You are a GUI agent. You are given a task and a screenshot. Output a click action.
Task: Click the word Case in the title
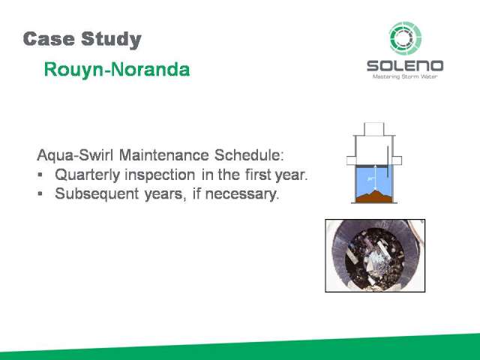(49, 39)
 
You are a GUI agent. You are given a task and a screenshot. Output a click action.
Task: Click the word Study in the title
(112, 40)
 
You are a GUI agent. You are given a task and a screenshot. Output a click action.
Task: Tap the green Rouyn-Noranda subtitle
(117, 70)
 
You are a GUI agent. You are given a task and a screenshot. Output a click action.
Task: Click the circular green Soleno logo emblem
(405, 38)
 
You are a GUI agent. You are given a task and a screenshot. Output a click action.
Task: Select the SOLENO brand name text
(405, 66)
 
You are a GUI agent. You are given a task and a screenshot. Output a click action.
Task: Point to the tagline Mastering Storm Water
(405, 76)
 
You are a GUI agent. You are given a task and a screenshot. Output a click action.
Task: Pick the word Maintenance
(163, 155)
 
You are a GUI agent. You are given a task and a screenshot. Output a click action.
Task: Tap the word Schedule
(249, 155)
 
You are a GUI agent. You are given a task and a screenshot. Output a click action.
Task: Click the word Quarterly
(88, 175)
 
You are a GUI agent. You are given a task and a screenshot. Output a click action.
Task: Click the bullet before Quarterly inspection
(40, 175)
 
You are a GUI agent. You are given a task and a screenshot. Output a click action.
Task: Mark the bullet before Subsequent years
(40, 193)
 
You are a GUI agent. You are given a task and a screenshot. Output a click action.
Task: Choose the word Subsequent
(97, 193)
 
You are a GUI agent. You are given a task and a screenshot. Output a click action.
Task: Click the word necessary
(242, 194)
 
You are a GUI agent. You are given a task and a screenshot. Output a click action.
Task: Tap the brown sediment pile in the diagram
(374, 196)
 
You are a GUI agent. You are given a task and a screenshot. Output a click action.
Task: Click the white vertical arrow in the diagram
(376, 178)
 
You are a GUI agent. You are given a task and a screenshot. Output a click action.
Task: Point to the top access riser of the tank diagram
(373, 129)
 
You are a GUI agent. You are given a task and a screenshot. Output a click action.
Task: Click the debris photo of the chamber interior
(375, 256)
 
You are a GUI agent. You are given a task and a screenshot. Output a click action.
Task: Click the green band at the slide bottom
(240, 348)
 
